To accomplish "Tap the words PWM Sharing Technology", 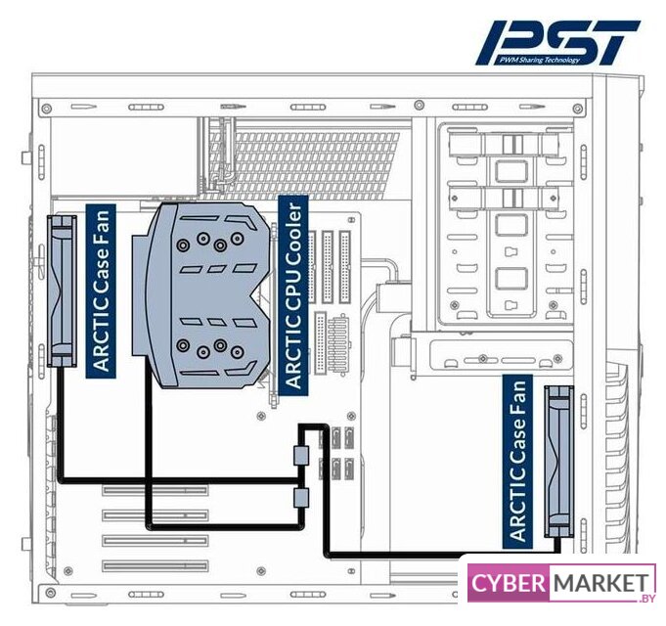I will tap(539, 61).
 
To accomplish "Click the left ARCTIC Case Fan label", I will tap(101, 288).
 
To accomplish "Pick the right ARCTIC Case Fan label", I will tap(517, 461).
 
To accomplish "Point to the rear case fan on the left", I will tap(64, 291).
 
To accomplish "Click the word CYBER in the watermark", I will tap(510, 584).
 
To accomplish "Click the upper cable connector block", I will tap(301, 455).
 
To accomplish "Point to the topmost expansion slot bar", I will tap(156, 489).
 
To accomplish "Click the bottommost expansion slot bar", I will tap(156, 565).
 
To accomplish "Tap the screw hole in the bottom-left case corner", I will tap(45, 591).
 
